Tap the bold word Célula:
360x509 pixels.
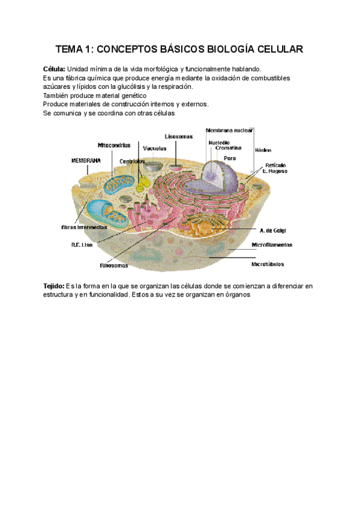coord(55,69)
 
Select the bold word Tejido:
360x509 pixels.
coord(55,286)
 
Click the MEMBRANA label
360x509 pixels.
coord(86,161)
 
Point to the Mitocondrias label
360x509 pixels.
coord(117,145)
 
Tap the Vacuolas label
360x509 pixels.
coord(155,149)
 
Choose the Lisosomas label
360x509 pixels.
coord(179,137)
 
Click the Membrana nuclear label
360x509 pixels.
coord(229,130)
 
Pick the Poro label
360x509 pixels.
coord(229,158)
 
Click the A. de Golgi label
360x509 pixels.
coord(271,230)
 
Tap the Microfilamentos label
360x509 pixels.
coord(272,245)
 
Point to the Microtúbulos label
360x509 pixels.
coord(268,264)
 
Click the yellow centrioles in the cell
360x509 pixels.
coord(142,182)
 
